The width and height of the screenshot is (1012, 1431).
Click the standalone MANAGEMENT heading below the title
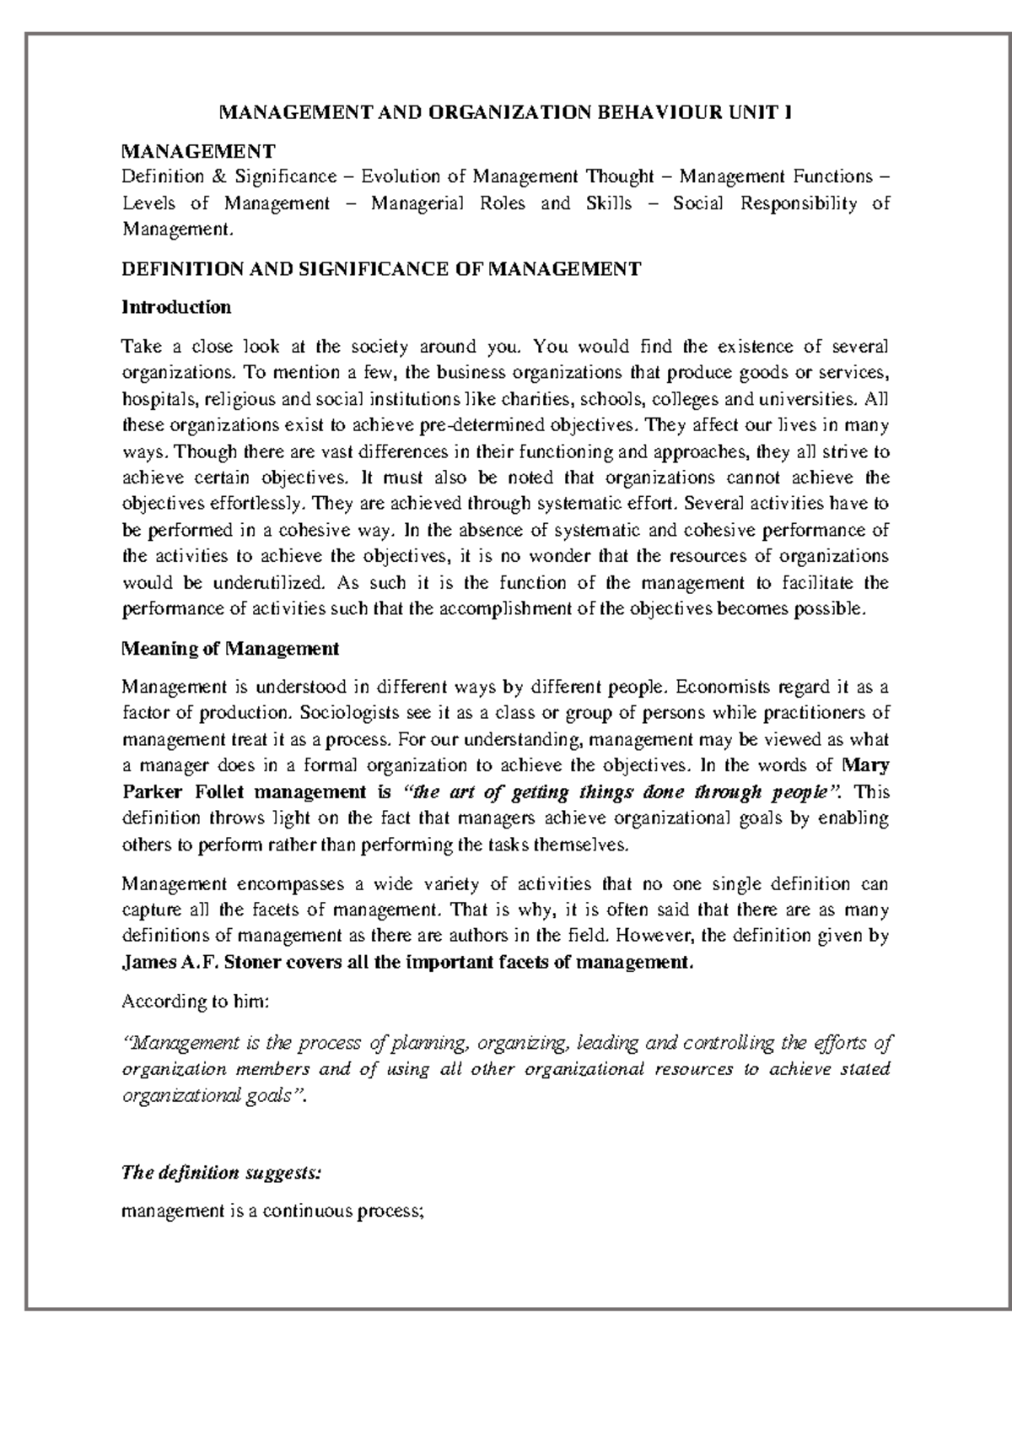tap(198, 152)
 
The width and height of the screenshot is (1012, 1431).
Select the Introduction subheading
tap(176, 307)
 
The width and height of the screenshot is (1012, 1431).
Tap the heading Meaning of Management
tap(230, 649)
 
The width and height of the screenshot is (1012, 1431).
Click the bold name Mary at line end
tap(866, 765)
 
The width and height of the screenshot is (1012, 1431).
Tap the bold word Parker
tap(152, 792)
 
